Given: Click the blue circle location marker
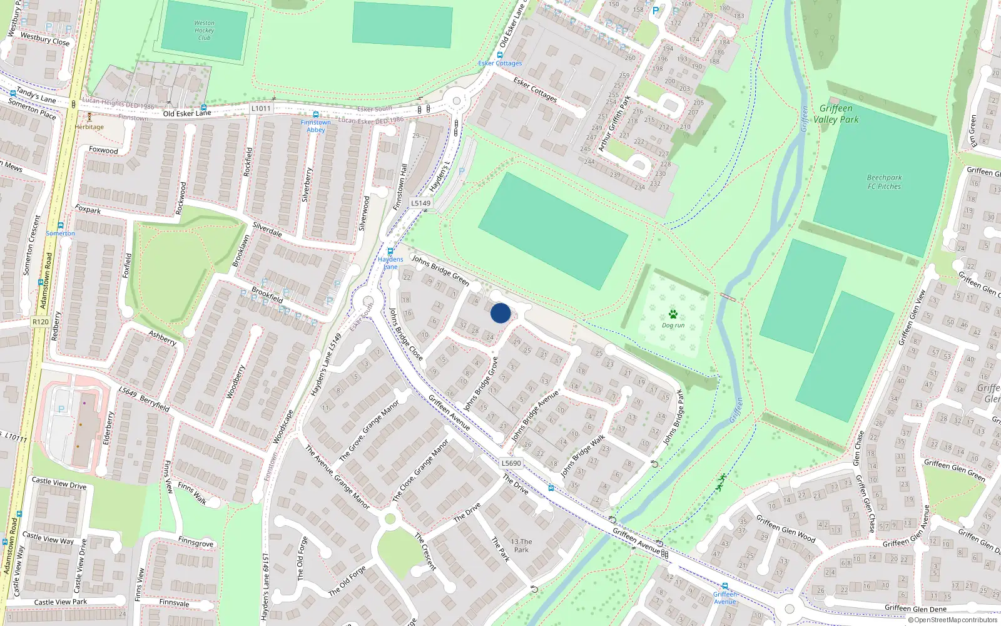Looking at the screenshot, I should [500, 313].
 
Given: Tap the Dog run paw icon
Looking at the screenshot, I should [673, 314].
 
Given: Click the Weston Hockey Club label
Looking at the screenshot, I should [204, 31].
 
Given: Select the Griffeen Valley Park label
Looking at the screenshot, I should [836, 114].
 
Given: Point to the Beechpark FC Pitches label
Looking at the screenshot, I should [884, 182].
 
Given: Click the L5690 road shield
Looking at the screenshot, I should [511, 463].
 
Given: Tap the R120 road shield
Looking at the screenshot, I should [41, 322].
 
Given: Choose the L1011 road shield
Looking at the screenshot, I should [261, 108].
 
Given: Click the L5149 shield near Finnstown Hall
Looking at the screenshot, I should [421, 203].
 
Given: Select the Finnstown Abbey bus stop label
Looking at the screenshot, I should [315, 126].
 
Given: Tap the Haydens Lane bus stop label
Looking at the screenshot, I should [390, 263].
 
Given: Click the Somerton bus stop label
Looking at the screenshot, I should [60, 233].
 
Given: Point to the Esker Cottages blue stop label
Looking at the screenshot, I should [500, 63].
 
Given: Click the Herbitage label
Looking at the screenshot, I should [89, 127].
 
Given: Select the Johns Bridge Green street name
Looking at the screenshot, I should [440, 270].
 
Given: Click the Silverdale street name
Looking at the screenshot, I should [267, 230].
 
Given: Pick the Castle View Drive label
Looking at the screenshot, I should [59, 483].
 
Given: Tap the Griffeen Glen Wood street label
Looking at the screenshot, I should [786, 528].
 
